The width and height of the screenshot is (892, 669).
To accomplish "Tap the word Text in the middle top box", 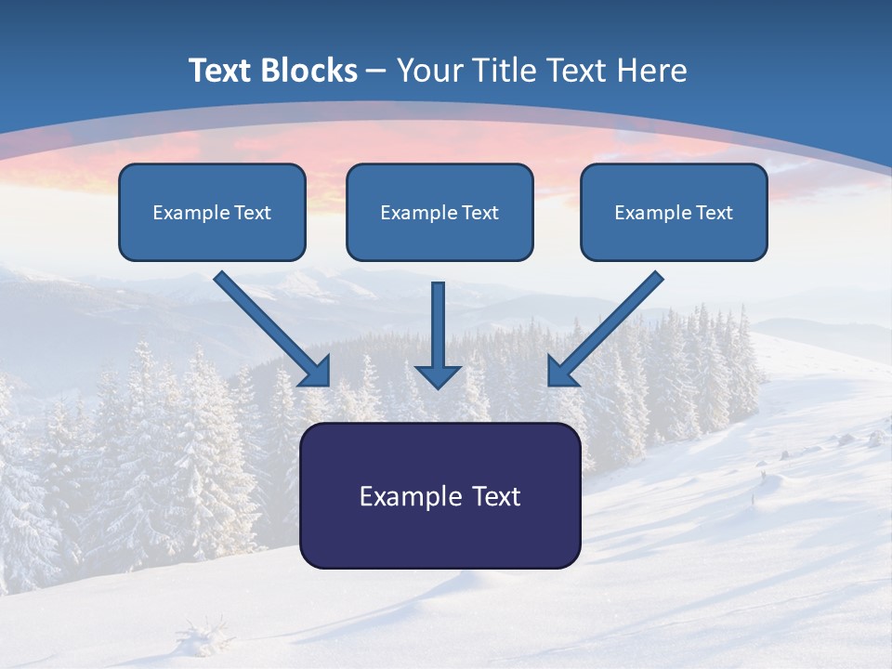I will click(x=480, y=213).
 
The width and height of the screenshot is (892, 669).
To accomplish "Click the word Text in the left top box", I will click(x=253, y=213).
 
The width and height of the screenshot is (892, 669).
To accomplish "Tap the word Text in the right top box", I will click(x=715, y=213).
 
